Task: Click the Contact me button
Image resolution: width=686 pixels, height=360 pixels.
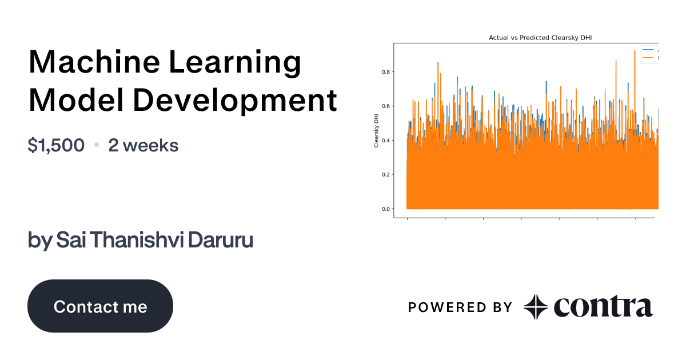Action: [x=100, y=306]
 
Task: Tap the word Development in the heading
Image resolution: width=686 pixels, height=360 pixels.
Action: [x=236, y=101]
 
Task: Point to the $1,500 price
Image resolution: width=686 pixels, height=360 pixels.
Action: [x=56, y=146]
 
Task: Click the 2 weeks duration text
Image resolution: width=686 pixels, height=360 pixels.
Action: [x=143, y=146]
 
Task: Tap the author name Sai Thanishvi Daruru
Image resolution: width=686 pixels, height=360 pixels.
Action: [x=140, y=241]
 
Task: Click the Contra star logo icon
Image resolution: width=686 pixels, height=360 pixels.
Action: [x=536, y=307]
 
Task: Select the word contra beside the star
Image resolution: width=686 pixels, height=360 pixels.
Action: [x=603, y=307]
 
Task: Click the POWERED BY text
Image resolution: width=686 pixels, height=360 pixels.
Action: [x=460, y=307]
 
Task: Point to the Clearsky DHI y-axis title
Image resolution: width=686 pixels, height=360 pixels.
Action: [x=376, y=130]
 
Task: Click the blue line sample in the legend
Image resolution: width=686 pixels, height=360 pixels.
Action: [x=648, y=51]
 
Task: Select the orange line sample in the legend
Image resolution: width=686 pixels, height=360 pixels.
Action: [x=648, y=58]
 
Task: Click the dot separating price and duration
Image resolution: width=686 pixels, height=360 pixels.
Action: [x=97, y=146]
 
